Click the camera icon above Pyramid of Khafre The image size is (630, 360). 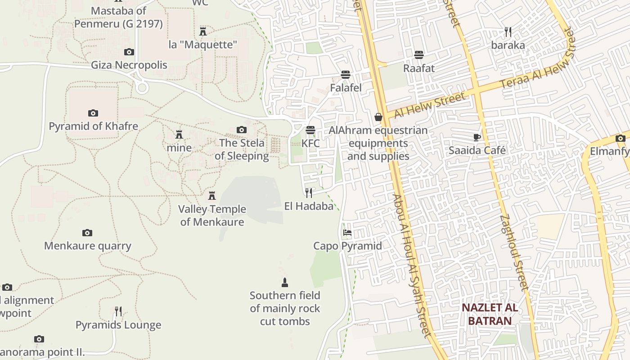93,113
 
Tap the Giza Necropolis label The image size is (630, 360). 129,65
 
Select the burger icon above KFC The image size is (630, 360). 310,130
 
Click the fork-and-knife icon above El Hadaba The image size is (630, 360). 309,193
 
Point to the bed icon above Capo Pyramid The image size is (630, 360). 347,233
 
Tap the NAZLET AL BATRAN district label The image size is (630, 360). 490,314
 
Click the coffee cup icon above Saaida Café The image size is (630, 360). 477,137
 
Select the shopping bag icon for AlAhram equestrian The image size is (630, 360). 378,117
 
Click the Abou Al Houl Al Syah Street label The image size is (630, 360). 412,265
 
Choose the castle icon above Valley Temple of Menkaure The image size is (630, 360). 212,196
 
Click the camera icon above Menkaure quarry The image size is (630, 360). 87,233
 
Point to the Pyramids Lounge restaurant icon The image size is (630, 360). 118,311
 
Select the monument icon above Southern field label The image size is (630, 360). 284,283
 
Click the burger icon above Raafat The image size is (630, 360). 419,55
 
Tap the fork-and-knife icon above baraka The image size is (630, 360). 508,32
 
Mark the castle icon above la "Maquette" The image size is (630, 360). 203,31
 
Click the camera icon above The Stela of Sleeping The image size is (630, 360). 242,130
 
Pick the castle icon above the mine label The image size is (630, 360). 179,135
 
